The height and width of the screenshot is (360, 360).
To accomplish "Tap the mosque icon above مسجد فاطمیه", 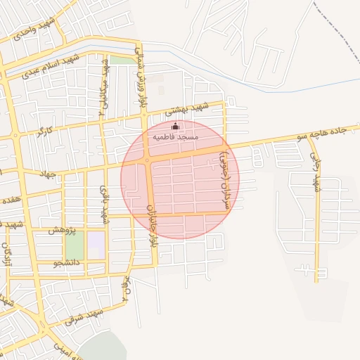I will [175, 126].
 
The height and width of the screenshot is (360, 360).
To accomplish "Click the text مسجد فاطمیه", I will [176, 135].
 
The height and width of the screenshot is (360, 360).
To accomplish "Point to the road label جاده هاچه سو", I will [330, 132].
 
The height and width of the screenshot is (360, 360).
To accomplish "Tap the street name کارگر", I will [45, 131].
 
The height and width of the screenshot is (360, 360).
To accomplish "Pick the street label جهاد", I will [47, 173].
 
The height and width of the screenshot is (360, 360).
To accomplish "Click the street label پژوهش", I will [62, 229].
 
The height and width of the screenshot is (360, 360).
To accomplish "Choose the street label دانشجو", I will [67, 262].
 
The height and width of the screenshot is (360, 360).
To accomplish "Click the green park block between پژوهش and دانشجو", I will [75, 245].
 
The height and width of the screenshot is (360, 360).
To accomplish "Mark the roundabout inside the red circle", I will [146, 161].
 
